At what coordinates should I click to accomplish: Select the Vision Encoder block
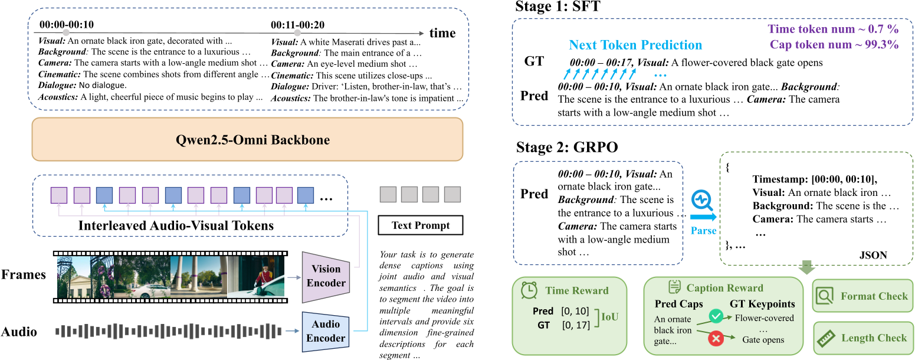pyautogui.click(x=326, y=276)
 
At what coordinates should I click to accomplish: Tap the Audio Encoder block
pyautogui.click(x=326, y=331)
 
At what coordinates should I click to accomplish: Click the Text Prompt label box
pyautogui.click(x=420, y=225)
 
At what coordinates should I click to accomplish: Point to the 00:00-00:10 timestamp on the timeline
pyautogui.click(x=67, y=25)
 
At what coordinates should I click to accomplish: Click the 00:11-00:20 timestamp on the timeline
pyautogui.click(x=297, y=25)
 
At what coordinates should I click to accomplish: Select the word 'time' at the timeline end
pyautogui.click(x=442, y=33)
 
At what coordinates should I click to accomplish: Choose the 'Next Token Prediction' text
pyautogui.click(x=635, y=45)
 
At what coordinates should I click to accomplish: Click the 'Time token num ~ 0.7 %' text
pyautogui.click(x=833, y=29)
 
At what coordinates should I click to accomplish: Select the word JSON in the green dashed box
pyautogui.click(x=873, y=256)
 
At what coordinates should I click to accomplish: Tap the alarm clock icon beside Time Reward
pyautogui.click(x=529, y=290)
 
